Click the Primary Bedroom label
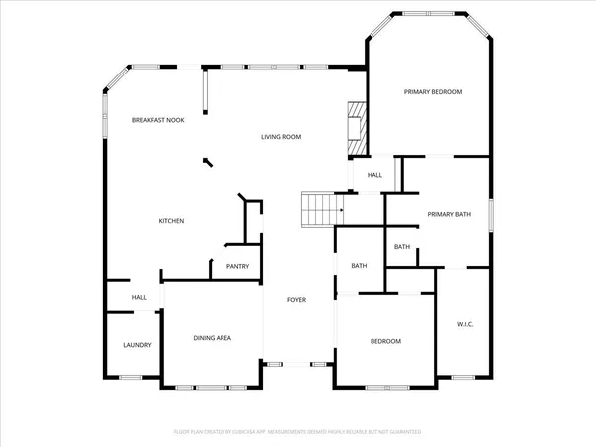[433, 92]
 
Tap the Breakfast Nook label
[159, 120]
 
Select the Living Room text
[281, 137]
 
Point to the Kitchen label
[172, 221]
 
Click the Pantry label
[237, 266]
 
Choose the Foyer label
[296, 300]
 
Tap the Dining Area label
[212, 338]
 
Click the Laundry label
[137, 345]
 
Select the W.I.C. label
[464, 324]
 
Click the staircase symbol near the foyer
[321, 210]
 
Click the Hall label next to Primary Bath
[374, 176]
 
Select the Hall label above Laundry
[140, 297]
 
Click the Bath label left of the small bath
[359, 265]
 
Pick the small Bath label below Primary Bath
[402, 247]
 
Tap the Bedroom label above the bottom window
[385, 341]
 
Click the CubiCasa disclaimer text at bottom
[298, 432]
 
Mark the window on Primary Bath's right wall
[491, 215]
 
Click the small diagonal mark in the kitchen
[207, 161]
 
